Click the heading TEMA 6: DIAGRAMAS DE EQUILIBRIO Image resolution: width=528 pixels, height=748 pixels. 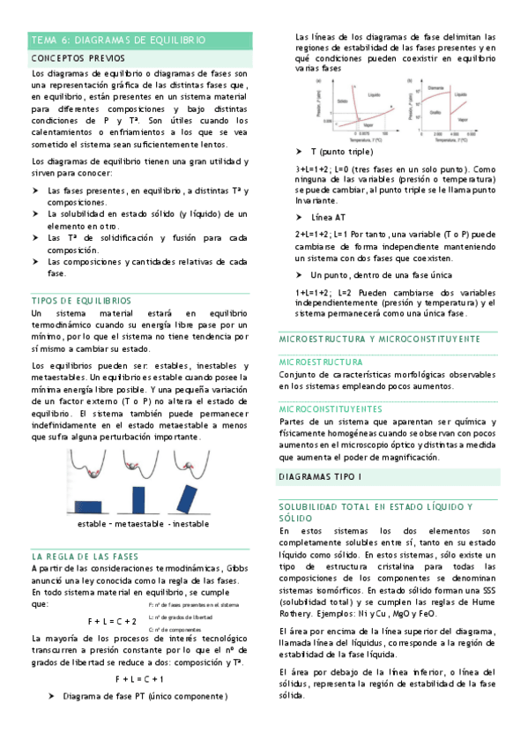coord(118,41)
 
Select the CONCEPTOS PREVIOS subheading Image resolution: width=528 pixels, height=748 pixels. coord(77,57)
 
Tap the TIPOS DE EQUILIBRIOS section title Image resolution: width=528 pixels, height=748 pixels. coord(80,300)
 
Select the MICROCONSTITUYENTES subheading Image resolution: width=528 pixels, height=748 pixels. coord(330,409)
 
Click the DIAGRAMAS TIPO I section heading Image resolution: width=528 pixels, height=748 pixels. coord(319,476)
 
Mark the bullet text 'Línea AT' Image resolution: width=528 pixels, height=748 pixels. coord(328,217)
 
